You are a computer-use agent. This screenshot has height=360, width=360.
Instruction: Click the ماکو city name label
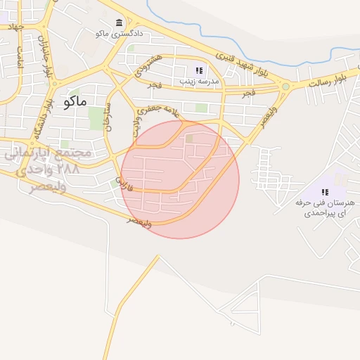pos(75,101)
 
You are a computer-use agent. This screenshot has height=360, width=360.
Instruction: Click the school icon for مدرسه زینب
pos(199,70)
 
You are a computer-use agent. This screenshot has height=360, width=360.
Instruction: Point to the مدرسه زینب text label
pos(201,81)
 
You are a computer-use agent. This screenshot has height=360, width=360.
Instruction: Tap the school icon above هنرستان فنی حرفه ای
pos(324,191)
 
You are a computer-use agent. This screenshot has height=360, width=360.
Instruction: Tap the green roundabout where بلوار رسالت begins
pos(285,86)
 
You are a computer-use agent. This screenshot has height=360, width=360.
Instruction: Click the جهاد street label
pos(15,27)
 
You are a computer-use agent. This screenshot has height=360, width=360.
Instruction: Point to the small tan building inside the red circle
pos(188,139)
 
